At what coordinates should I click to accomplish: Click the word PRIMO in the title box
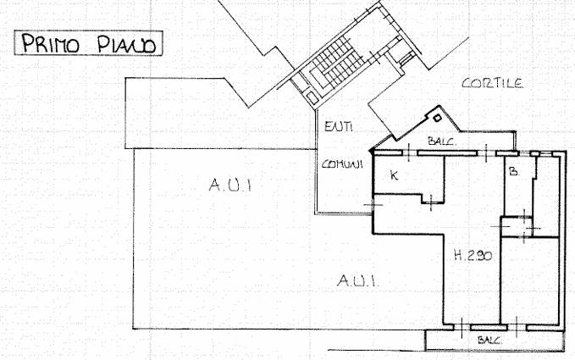pyautogui.click(x=51, y=43)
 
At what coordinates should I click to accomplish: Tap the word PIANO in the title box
pyautogui.click(x=126, y=44)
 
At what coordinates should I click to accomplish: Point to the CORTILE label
pyautogui.click(x=493, y=83)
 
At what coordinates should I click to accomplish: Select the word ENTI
pyautogui.click(x=339, y=127)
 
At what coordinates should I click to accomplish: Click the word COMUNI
pyautogui.click(x=342, y=163)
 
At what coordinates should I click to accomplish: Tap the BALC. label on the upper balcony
pyautogui.click(x=442, y=141)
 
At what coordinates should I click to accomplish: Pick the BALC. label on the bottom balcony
pyautogui.click(x=489, y=340)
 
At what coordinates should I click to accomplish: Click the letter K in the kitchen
pyautogui.click(x=394, y=175)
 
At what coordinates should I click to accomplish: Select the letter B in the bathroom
pyautogui.click(x=514, y=171)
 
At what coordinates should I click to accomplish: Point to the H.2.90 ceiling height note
pyautogui.click(x=473, y=255)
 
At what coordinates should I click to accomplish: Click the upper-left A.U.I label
pyautogui.click(x=230, y=185)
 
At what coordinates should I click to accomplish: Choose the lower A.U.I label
pyautogui.click(x=357, y=280)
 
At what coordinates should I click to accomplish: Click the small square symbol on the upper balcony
pyautogui.click(x=437, y=118)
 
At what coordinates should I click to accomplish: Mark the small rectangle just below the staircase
pyautogui.click(x=312, y=97)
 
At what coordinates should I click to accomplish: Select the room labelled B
pyautogui.click(x=518, y=186)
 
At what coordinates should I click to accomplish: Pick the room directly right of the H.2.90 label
pyautogui.click(x=530, y=280)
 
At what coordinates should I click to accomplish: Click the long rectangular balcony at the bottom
pyautogui.click(x=495, y=341)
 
